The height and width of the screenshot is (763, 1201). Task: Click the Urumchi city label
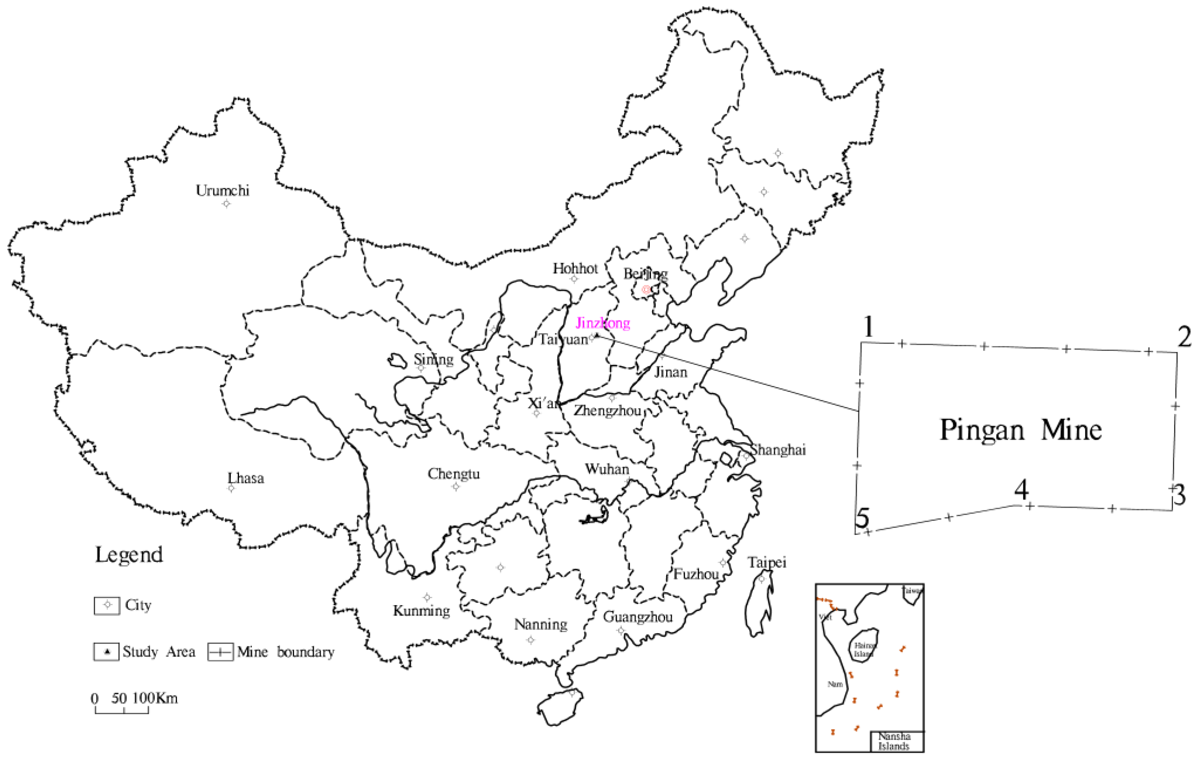coord(223,191)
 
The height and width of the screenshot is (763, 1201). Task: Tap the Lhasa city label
coord(246,478)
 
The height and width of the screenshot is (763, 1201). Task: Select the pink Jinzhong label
coord(603,323)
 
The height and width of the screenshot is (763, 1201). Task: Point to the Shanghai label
coord(778,450)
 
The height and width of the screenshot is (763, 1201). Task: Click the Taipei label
coord(767,563)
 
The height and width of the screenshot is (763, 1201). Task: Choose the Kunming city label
coord(421,611)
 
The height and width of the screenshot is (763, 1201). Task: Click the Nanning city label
coord(541,624)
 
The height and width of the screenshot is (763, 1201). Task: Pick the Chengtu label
coord(453,474)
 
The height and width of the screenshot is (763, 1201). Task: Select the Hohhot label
coord(575,268)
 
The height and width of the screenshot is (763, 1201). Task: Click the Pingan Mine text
coord(1021,430)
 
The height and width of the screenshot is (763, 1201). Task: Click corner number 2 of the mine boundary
coord(1185,338)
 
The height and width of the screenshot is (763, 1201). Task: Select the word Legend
coord(129,554)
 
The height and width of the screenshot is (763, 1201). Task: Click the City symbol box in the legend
coord(107,605)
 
